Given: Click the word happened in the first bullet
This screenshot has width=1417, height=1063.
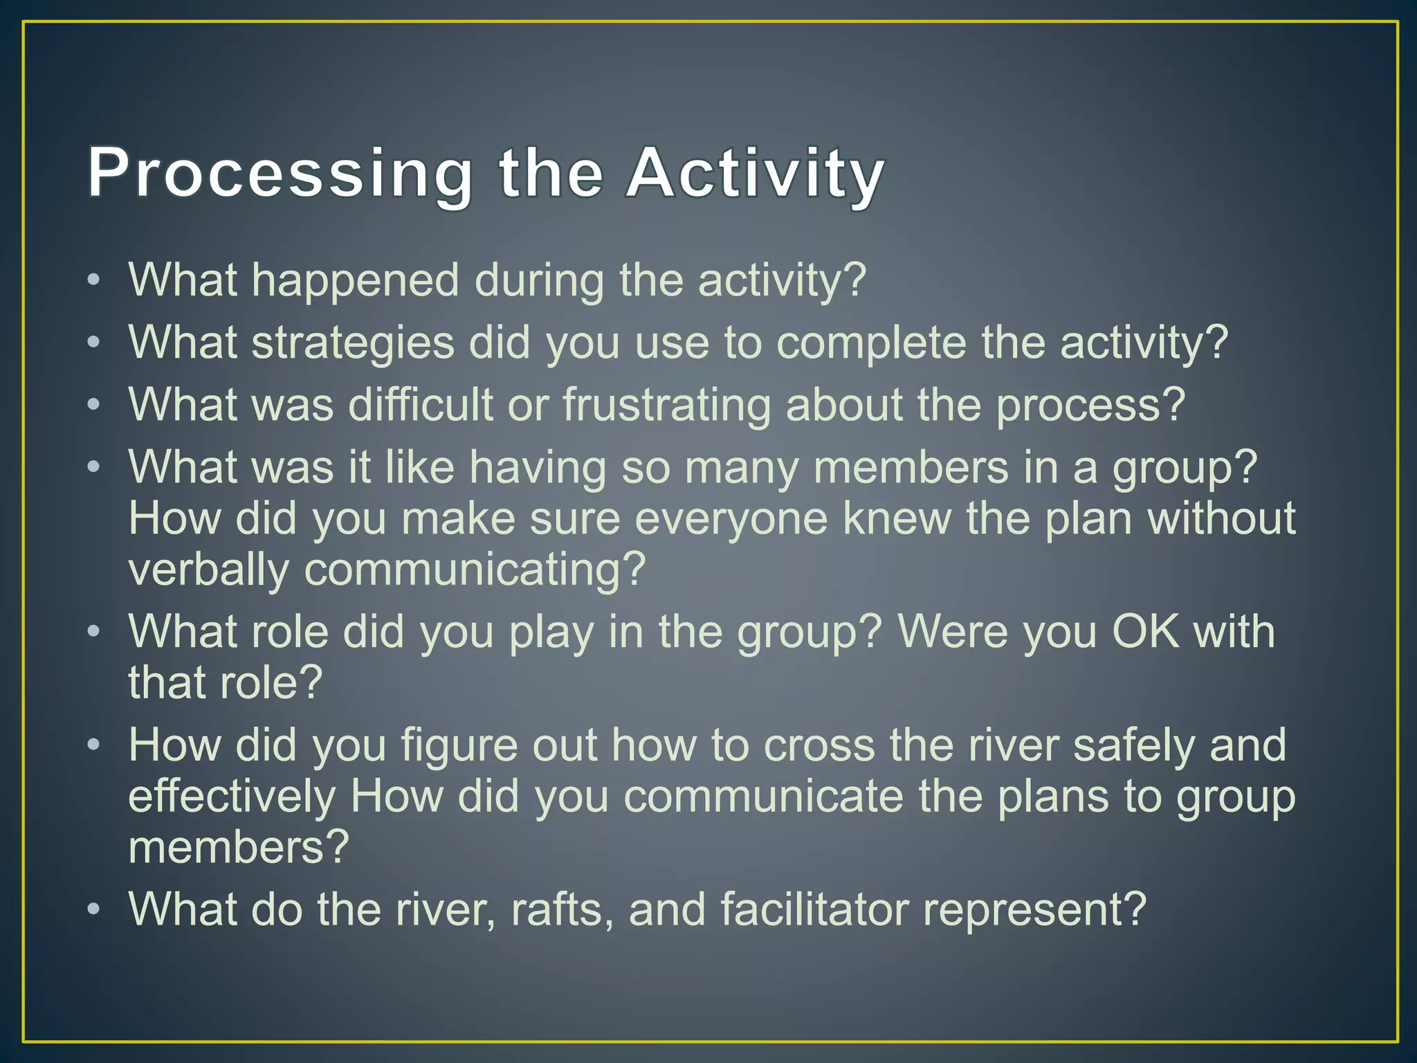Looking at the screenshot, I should coord(355,282).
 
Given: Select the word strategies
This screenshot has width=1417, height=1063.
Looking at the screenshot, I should coord(352,344).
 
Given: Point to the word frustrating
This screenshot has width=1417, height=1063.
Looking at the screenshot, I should coord(666,406).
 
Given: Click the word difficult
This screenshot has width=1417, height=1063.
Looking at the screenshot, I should coord(420,406).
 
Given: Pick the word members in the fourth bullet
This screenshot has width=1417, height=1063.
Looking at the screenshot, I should coord(911,469).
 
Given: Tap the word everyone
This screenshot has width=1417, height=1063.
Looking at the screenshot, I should coord(731,520).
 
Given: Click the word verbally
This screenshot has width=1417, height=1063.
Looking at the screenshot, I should coord(208,571).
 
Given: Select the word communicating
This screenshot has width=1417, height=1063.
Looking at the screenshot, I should coord(475,571).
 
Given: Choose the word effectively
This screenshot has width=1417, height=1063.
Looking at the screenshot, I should coord(231,797).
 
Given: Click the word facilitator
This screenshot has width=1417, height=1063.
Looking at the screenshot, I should coord(814,911).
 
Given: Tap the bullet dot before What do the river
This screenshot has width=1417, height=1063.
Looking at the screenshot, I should coord(94,909).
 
